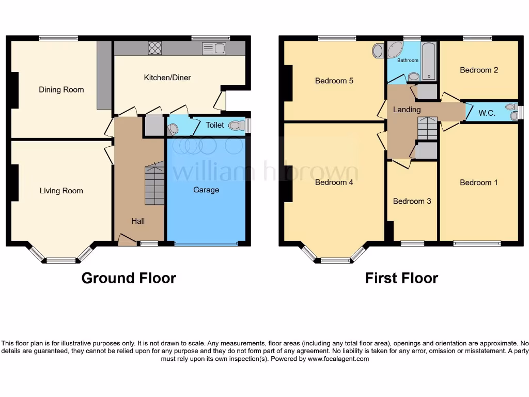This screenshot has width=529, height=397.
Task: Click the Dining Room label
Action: tap(61, 89)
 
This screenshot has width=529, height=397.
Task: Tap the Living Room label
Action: tap(61, 191)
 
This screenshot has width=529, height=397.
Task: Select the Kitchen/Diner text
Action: tap(167, 78)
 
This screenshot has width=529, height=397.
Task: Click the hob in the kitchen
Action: tap(155, 48)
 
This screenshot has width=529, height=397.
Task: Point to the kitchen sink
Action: tap(215, 49)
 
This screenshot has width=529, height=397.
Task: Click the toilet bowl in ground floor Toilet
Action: tap(236, 125)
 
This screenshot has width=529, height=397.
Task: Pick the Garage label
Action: tap(206, 190)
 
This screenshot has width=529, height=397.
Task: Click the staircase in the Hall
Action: tap(154, 184)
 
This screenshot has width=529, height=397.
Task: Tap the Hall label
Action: tap(138, 221)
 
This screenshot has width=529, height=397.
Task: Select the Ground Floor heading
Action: tap(129, 278)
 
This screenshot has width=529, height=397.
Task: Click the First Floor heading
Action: tap(401, 278)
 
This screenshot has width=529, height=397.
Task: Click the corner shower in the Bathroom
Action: tap(395, 51)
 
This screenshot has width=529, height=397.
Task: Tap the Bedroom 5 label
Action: tap(334, 81)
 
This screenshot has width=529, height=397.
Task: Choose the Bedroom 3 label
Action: tap(412, 201)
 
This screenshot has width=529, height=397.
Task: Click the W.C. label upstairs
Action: tap(487, 113)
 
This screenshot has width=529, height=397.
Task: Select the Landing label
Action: tap(407, 110)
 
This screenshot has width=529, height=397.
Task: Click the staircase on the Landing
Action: tap(427, 128)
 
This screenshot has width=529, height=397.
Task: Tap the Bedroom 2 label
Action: tap(479, 70)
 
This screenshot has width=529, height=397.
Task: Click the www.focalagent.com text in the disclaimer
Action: tap(338, 359)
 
